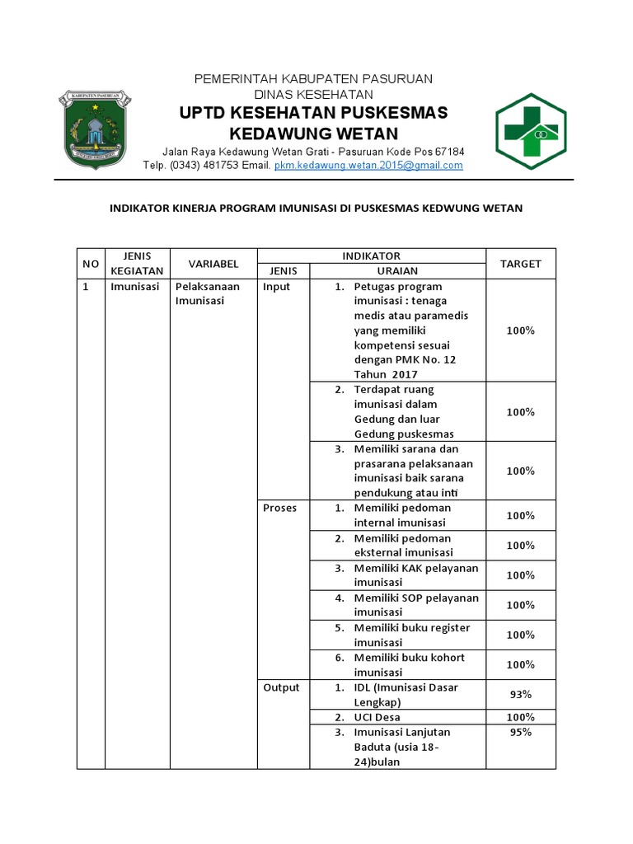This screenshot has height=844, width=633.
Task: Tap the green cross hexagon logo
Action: [530, 130]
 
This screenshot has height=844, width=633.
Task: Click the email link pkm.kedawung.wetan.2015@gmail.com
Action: [368, 165]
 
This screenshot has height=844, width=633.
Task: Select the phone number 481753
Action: [218, 165]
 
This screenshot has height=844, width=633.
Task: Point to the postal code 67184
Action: [449, 152]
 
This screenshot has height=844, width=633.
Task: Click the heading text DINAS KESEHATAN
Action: [313, 94]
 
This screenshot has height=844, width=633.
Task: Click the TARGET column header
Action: [520, 264]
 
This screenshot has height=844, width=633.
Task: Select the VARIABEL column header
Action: [213, 264]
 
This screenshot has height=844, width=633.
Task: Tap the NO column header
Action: [91, 264]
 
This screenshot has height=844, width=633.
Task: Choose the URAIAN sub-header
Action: [397, 271]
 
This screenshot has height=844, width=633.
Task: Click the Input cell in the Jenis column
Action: [276, 287]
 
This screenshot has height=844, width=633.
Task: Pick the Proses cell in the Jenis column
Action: [279, 508]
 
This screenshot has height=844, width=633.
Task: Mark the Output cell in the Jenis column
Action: [281, 687]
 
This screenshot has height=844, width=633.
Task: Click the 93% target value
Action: [520, 695]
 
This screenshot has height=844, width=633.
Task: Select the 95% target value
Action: [520, 732]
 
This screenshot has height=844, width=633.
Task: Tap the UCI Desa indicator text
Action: [377, 717]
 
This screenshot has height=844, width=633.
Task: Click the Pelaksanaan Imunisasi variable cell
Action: [207, 294]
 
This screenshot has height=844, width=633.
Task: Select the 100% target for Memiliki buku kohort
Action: [520, 664]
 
